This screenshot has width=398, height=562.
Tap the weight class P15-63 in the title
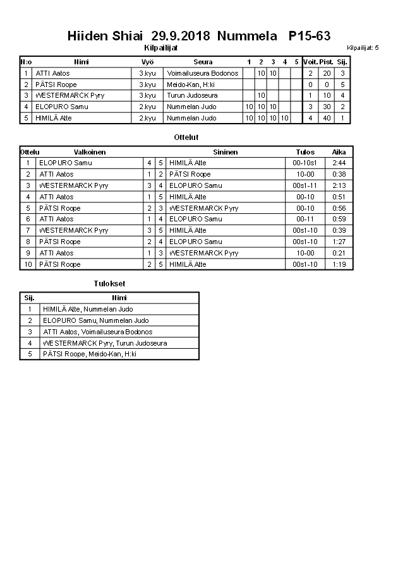(x=310, y=36)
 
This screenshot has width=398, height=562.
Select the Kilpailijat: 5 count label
(x=363, y=48)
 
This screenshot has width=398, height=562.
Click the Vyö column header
(x=147, y=62)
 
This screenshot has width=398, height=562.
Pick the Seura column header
(x=203, y=62)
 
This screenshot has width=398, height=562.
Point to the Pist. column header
(x=327, y=62)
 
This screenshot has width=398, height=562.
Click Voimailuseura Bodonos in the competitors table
(x=203, y=73)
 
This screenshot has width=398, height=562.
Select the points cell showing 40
(x=327, y=118)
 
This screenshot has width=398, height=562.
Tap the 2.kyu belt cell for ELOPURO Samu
(x=147, y=107)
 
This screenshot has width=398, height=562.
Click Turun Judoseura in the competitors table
(x=192, y=95)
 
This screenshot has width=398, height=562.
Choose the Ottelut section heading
(x=186, y=137)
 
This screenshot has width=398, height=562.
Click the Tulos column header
(x=305, y=152)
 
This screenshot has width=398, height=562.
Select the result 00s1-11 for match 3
(x=305, y=185)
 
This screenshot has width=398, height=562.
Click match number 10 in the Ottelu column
(x=28, y=264)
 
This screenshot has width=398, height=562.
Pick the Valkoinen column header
(x=90, y=152)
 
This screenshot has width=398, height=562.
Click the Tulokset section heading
(x=109, y=284)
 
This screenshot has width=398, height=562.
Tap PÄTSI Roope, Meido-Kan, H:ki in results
(x=90, y=354)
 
